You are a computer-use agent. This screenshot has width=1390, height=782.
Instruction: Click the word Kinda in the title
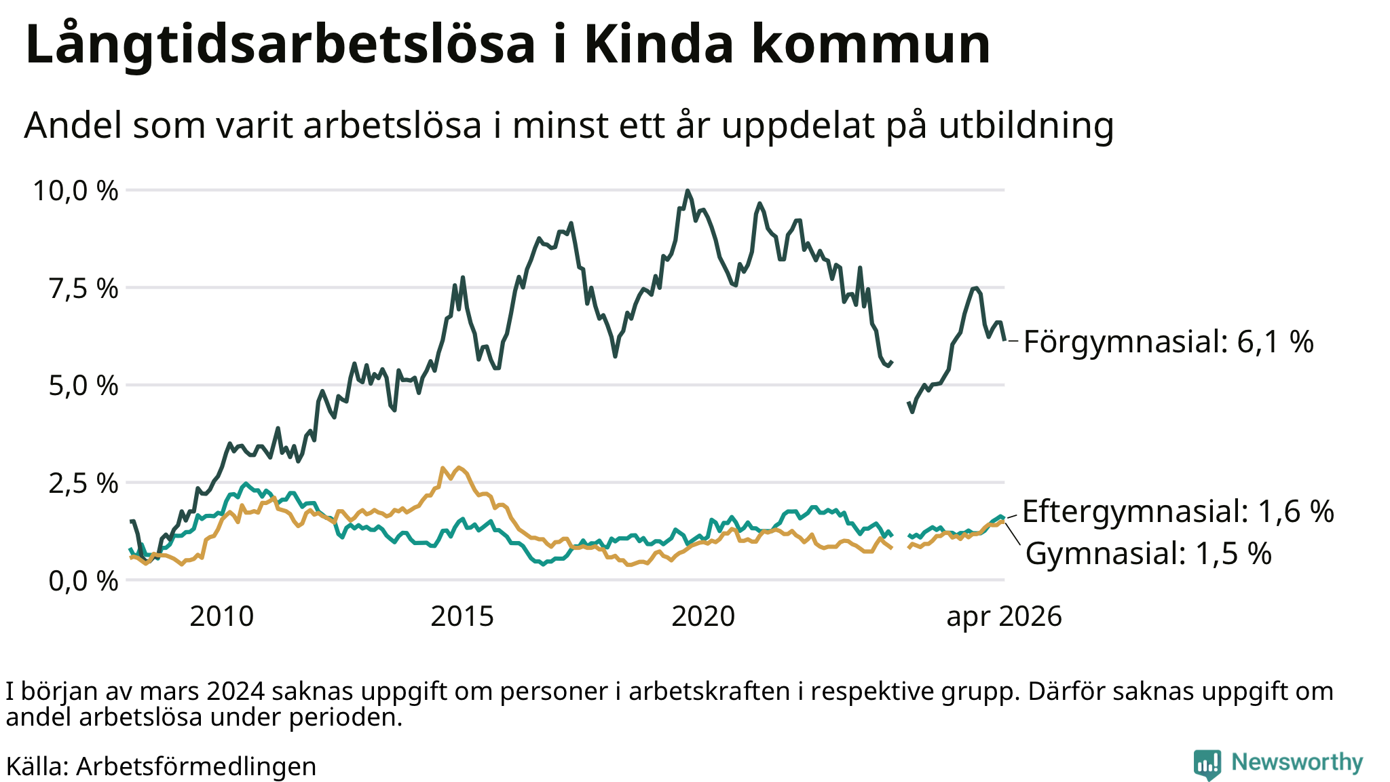[x=659, y=44]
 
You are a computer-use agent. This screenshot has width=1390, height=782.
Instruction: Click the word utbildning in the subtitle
[x=1026, y=126]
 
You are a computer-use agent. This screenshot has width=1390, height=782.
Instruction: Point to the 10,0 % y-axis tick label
[x=75, y=191]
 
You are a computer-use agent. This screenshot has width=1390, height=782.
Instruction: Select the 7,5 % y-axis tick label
[x=83, y=288]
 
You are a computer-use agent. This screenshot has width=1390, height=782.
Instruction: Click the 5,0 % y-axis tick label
[x=83, y=386]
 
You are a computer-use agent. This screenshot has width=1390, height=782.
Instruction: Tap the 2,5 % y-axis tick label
[x=83, y=483]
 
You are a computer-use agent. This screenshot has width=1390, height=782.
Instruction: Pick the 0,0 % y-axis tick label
[x=83, y=581]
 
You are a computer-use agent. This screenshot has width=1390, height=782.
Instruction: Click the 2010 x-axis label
[x=221, y=616]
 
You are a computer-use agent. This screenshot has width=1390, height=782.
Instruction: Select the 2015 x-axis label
[x=462, y=616]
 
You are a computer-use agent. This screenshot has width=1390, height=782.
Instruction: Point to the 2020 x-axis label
[x=703, y=616]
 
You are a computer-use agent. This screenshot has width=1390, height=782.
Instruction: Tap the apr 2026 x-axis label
[x=1004, y=617]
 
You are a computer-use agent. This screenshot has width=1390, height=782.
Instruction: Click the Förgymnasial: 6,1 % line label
[x=1168, y=341]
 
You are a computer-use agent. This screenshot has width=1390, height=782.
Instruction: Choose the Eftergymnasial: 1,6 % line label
[x=1178, y=511]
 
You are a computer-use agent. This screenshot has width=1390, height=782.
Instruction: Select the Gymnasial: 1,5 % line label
[x=1148, y=554]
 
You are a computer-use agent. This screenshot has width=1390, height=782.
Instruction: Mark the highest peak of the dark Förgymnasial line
[x=688, y=191]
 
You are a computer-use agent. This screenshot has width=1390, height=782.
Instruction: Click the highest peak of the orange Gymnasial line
[x=459, y=467]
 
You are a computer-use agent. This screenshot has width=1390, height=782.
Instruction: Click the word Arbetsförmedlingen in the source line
[x=196, y=766]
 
